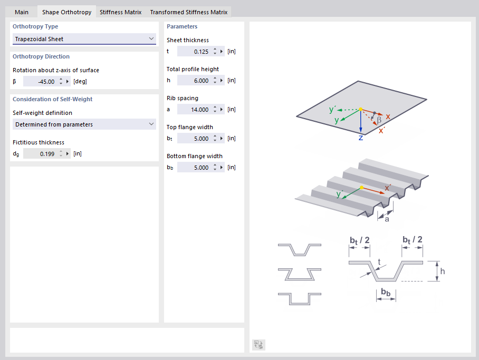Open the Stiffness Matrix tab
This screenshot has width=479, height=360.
coord(121,12)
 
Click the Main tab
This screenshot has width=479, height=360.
coord(22,12)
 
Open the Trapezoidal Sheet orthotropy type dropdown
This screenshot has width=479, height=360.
coord(84,38)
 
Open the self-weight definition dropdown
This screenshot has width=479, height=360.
coord(84,124)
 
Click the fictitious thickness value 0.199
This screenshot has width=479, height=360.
coord(40,153)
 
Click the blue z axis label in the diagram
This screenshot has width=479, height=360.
coord(361,138)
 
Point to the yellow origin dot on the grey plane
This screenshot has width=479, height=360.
coord(361,109)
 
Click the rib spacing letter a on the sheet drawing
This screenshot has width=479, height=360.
coord(386,219)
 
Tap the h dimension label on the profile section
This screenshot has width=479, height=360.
coord(443,271)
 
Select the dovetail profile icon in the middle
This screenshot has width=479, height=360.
coord(299,274)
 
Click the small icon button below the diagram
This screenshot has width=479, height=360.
coord(259,345)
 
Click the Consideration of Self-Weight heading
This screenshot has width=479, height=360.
coord(53,99)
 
